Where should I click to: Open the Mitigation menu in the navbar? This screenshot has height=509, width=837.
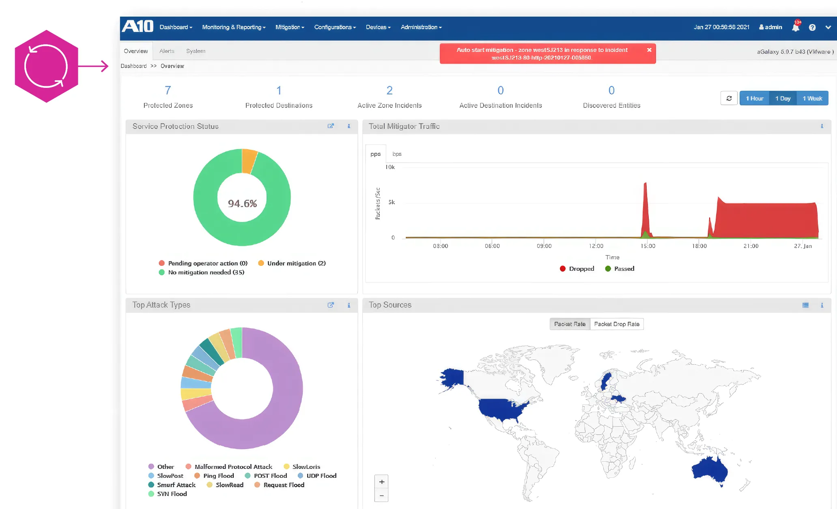290,27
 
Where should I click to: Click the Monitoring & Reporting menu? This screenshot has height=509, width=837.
234,27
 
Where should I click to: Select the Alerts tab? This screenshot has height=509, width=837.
167,51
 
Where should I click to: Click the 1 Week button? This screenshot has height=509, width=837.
812,98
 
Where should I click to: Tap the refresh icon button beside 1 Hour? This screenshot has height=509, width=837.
729,98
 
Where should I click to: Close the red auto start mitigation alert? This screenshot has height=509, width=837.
649,50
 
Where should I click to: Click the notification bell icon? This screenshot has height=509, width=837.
795,27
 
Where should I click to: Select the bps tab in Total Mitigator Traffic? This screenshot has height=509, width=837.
397,154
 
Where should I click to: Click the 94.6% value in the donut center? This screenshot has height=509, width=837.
242,203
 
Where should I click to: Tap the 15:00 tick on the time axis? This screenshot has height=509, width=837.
648,246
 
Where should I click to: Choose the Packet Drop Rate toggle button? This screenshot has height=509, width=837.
617,324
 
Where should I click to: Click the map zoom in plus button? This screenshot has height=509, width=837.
381,482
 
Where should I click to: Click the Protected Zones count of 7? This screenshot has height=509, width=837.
168,90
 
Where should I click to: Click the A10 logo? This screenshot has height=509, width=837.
138,27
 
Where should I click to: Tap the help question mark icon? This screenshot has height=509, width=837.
812,27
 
